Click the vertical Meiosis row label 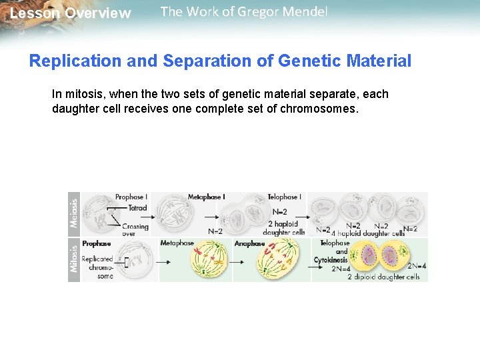click(74, 211)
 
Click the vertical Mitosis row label click(74, 259)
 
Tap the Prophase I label click(131, 197)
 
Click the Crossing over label click(135, 230)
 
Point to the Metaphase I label click(206, 197)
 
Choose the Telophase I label click(285, 197)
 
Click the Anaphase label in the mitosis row click(249, 244)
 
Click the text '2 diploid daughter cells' click(383, 277)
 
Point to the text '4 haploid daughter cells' click(368, 234)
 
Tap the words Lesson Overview click(71, 13)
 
